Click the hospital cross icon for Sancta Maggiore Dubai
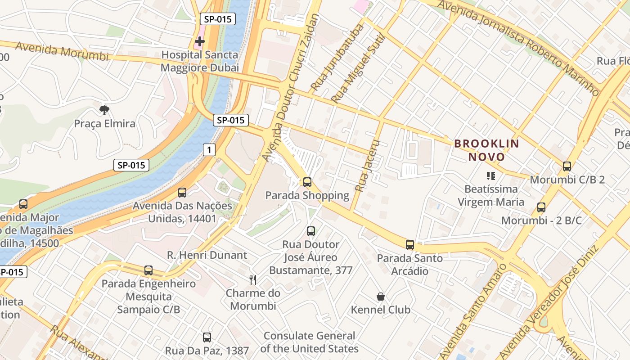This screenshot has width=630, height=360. pyautogui.click(x=200, y=41)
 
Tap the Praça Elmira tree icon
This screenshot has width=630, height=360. pyautogui.click(x=104, y=110)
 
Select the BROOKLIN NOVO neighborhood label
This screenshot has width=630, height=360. pyautogui.click(x=486, y=150)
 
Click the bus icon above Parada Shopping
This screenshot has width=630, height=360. pyautogui.click(x=307, y=182)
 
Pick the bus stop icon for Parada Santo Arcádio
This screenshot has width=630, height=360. pyautogui.click(x=410, y=245)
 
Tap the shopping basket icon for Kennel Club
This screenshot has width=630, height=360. pyautogui.click(x=381, y=297)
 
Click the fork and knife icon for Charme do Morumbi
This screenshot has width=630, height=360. pyautogui.click(x=253, y=280)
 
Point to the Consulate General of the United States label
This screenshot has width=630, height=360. pyautogui.click(x=309, y=342)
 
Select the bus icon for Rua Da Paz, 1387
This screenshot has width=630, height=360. pyautogui.click(x=207, y=337)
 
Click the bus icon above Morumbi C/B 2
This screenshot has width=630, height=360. pyautogui.click(x=567, y=166)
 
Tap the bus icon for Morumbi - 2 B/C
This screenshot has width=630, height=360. pyautogui.click(x=541, y=207)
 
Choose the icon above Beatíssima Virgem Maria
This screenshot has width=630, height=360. pyautogui.click(x=490, y=175)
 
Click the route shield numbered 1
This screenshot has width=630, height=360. pyautogui.click(x=209, y=150)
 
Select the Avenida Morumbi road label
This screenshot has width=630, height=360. pyautogui.click(x=62, y=51)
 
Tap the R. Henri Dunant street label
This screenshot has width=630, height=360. pyautogui.click(x=207, y=255)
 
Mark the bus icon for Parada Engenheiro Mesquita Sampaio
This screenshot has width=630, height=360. pyautogui.click(x=148, y=270)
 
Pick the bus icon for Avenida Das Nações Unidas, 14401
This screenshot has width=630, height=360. pyautogui.click(x=182, y=193)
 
